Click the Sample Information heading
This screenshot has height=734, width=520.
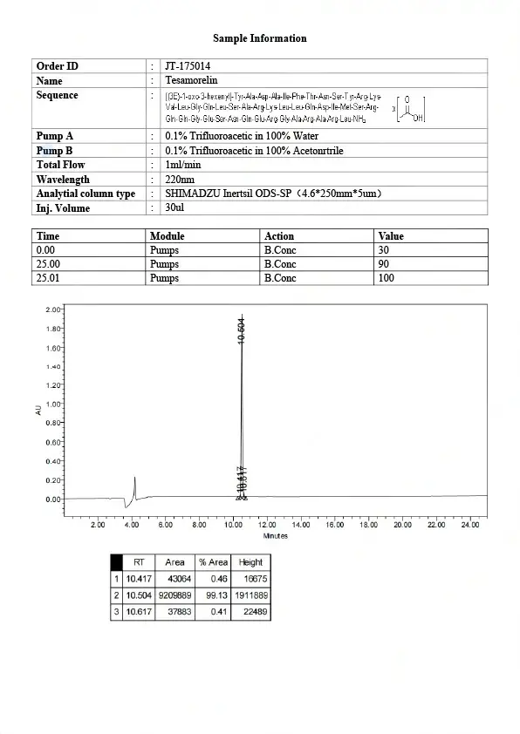pyautogui.click(x=259, y=38)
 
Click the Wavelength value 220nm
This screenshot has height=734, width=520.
pyautogui.click(x=181, y=179)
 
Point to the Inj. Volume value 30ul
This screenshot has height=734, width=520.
pyautogui.click(x=177, y=207)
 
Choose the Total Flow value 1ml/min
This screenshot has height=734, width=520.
pyautogui.click(x=183, y=165)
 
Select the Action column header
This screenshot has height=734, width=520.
pyautogui.click(x=279, y=236)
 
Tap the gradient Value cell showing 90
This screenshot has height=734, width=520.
pyautogui.click(x=385, y=264)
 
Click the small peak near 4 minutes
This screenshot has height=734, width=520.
pyautogui.click(x=134, y=485)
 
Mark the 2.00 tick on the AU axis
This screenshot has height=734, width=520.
pyautogui.click(x=52, y=309)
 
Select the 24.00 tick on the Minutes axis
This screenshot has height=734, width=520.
pyautogui.click(x=469, y=526)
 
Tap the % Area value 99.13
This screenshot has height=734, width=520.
pyautogui.click(x=216, y=595)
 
